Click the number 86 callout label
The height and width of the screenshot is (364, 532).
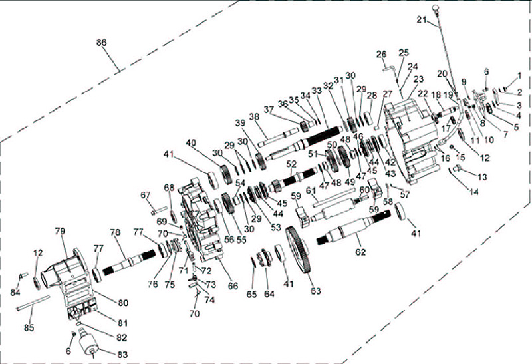pos(101,42)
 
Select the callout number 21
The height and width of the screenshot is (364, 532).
pos(420,20)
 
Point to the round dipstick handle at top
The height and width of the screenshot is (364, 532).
pos(436,7)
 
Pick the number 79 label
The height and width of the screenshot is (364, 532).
pos(60,230)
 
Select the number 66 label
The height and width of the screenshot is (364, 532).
pos(233,287)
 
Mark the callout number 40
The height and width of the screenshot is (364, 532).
pos(191,142)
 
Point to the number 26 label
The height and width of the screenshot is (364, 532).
pos(381,54)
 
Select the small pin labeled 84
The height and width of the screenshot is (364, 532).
pos(23,275)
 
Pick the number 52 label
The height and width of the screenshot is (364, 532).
pos(291,164)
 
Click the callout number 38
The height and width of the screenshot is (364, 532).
pos(254,116)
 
